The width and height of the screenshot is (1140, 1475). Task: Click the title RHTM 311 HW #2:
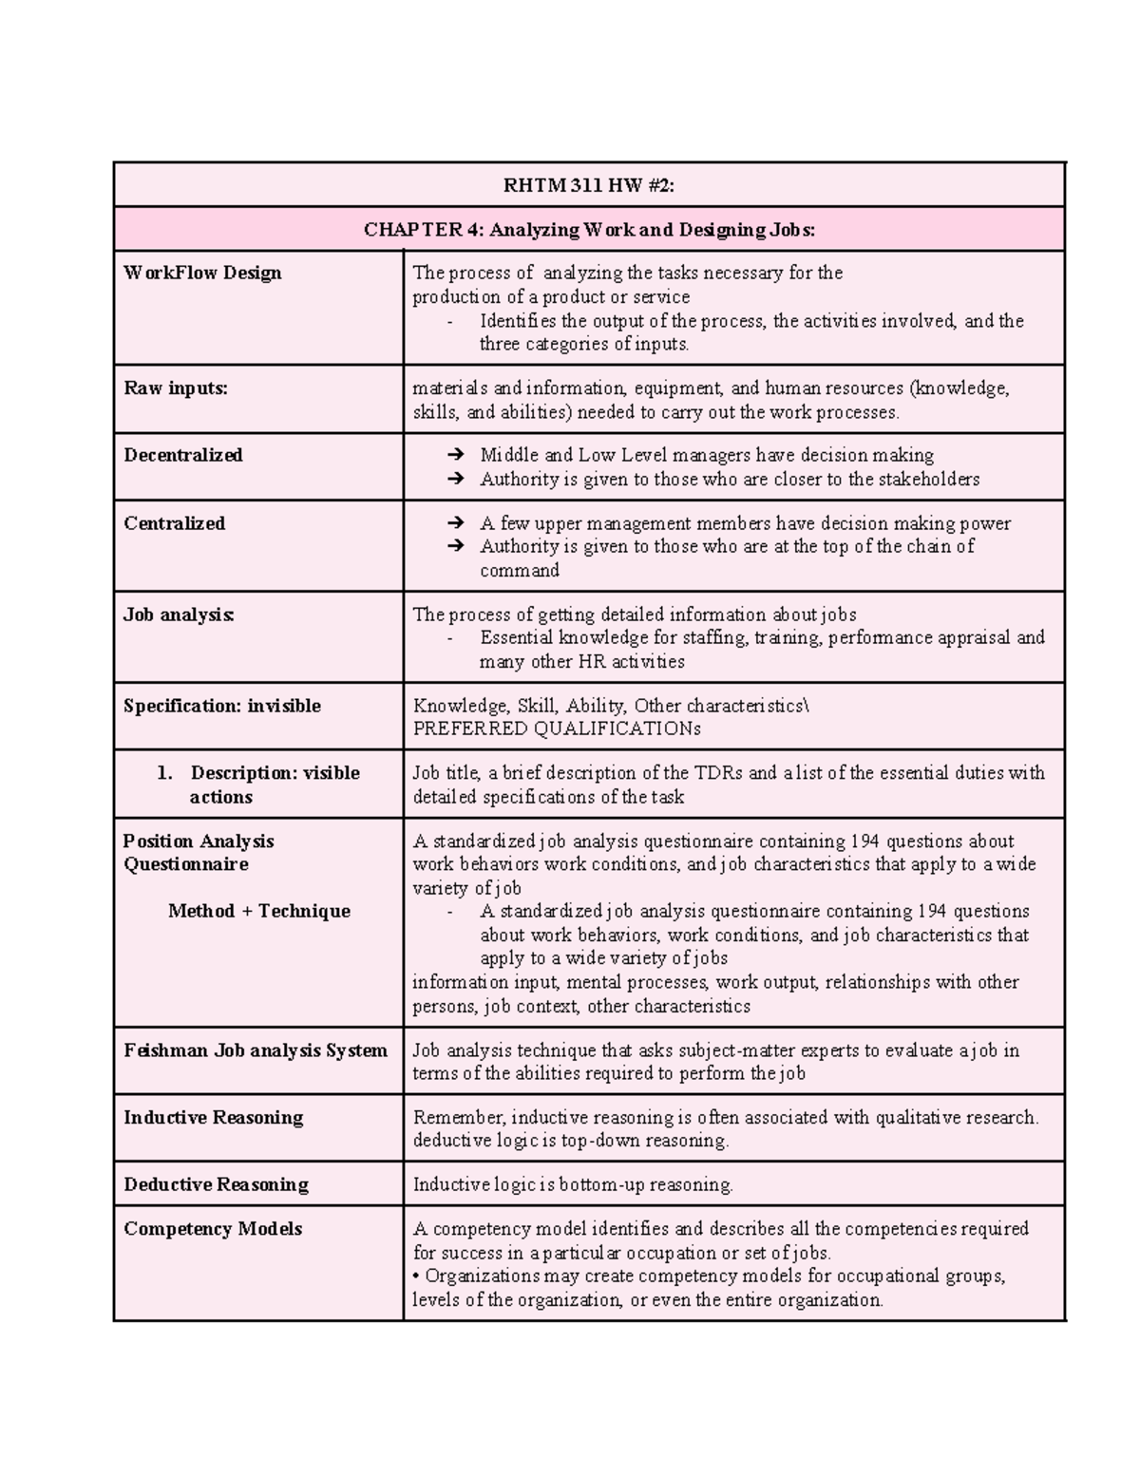[589, 186]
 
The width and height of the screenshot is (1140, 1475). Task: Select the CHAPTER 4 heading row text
[589, 230]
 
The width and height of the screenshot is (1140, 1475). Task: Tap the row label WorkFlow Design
[202, 274]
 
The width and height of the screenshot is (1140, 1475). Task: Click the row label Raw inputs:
[176, 388]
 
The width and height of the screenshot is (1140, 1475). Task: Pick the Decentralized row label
[183, 456]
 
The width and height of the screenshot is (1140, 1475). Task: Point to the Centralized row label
[175, 524]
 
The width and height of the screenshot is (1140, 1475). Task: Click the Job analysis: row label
[179, 615]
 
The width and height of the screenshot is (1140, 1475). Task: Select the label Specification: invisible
[222, 707]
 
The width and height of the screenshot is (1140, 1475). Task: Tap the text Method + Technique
[259, 912]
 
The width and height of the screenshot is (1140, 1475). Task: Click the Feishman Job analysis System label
[256, 1051]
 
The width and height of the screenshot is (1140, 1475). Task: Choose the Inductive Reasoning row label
[214, 1118]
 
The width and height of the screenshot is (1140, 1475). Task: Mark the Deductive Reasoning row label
[216, 1185]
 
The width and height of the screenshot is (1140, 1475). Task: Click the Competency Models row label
[213, 1229]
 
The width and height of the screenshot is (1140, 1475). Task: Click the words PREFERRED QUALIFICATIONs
[557, 729]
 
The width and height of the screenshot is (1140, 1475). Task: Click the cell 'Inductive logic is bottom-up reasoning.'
[573, 1185]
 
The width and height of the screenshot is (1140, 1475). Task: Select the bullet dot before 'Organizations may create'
[417, 1276]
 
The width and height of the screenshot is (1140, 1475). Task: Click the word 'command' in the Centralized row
[519, 571]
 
